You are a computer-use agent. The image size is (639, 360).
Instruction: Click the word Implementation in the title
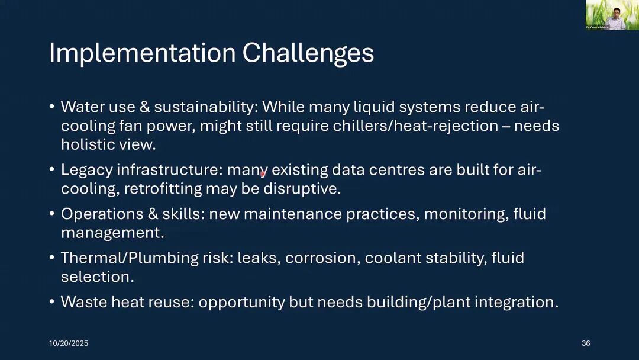pos(142,53)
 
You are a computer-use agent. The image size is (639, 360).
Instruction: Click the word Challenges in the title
pos(308,53)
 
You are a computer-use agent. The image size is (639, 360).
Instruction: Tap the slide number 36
pos(586,343)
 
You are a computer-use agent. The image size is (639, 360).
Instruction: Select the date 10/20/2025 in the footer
pos(69,343)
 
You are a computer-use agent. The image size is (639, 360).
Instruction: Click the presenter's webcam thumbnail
pos(612,15)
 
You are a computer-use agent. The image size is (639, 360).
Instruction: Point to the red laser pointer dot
pos(263,174)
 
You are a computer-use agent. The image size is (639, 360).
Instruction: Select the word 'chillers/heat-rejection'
pos(415,126)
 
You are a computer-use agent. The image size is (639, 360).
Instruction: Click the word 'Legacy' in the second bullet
pos(87,171)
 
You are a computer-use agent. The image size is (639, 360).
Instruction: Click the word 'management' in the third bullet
pos(111,233)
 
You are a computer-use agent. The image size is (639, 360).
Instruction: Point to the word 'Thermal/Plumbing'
pos(130,259)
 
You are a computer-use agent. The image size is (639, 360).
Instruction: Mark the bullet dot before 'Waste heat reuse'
pos(51,302)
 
